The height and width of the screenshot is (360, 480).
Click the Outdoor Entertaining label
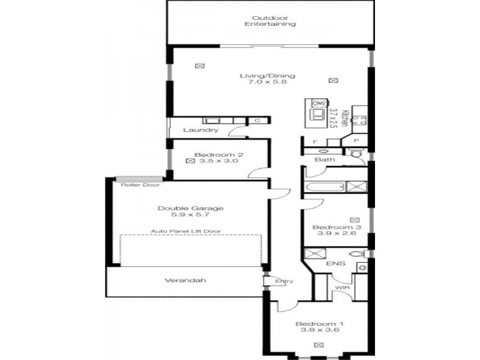click(x=270, y=21)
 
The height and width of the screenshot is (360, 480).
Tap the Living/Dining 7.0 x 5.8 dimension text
click(x=267, y=82)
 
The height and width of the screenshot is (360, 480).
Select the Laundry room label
click(x=201, y=130)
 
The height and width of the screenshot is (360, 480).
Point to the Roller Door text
click(x=140, y=185)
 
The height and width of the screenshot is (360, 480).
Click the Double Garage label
click(x=190, y=208)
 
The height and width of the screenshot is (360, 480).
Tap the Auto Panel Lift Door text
click(x=186, y=231)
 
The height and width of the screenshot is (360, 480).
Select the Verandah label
click(x=185, y=280)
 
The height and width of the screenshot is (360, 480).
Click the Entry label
click(x=284, y=281)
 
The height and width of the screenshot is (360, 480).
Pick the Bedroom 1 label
click(x=319, y=324)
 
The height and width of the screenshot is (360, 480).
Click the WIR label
click(x=342, y=288)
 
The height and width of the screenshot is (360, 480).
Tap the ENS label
click(x=336, y=263)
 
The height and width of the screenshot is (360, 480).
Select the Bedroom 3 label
click(x=337, y=227)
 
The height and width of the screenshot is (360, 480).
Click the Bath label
click(x=325, y=160)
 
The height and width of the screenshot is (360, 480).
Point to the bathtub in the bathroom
click(x=325, y=187)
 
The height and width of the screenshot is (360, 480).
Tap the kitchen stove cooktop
click(x=360, y=121)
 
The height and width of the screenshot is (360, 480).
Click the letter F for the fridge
click(x=315, y=142)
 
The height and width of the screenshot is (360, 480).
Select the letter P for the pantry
click(x=356, y=141)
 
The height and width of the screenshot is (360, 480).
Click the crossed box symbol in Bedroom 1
click(x=319, y=345)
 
